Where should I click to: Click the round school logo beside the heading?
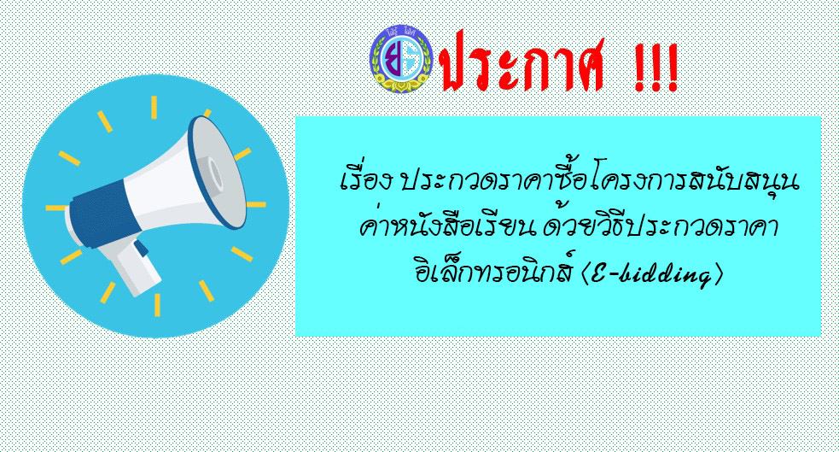[401, 59]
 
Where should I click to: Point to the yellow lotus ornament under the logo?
[401, 84]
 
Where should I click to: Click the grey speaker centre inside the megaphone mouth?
[215, 175]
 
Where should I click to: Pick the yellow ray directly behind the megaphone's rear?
[55, 208]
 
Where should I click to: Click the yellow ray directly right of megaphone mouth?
[256, 204]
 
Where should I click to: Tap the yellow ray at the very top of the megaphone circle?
[154, 107]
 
